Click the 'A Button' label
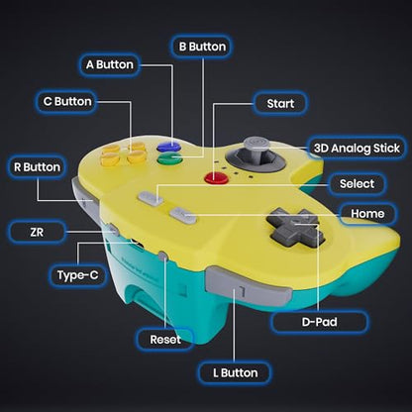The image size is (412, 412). pos(110,64)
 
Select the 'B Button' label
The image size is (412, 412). pos(202,47)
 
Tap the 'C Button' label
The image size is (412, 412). pos(67,102)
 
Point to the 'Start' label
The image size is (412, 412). pos(280,104)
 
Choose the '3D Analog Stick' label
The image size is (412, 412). pos(357,149)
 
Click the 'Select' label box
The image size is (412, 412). pos(357,184)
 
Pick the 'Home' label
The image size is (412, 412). pos(367,214)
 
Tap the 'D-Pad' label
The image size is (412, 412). pos(319,322)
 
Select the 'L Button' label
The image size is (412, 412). pos(235,373)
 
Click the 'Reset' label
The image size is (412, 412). pos(165,340)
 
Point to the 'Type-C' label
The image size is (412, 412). pos(78,275)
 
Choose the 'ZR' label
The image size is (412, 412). pos(37,232)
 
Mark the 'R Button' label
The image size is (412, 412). pos(37,167)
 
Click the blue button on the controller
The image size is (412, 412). pos(168,147)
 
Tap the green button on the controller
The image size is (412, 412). pos(170,158)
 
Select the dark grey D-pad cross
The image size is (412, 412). pos(295,227)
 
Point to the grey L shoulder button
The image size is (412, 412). pos(248,286)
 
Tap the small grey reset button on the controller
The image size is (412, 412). pos(163,256)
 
